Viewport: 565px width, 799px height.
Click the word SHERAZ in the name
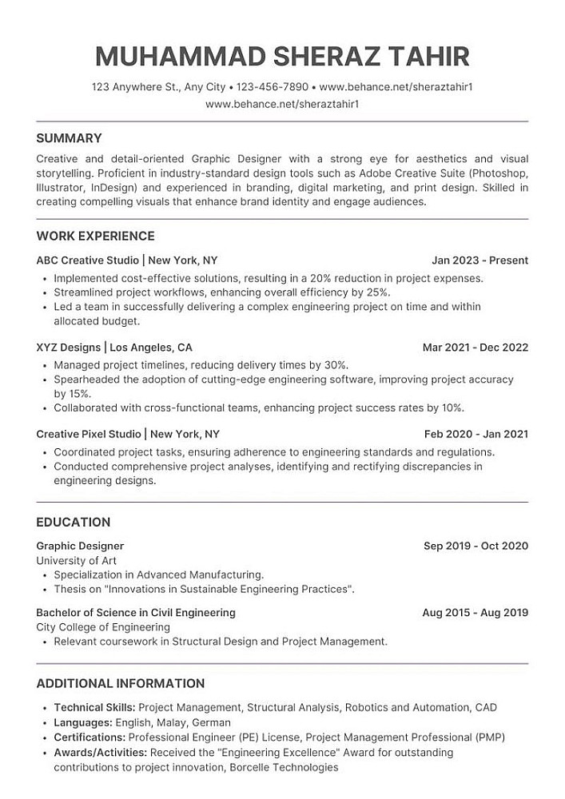coord(338,57)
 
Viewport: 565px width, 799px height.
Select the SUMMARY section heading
coord(69,137)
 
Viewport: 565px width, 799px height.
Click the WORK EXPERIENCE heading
coord(95,236)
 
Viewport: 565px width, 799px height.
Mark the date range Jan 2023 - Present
coord(479,260)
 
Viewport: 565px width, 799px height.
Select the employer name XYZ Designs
coord(68,348)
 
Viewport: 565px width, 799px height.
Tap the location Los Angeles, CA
coord(151,348)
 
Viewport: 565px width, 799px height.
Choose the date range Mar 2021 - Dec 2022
coord(475,348)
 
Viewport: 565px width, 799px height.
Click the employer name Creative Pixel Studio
coord(89,435)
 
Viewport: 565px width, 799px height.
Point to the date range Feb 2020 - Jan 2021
coord(475,435)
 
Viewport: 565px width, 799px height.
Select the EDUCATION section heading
coord(74,522)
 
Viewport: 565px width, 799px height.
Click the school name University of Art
coord(77,561)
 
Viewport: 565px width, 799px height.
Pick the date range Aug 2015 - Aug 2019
coord(475,613)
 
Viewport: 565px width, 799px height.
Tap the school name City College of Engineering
coord(103,627)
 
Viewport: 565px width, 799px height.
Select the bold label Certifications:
coord(90,737)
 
